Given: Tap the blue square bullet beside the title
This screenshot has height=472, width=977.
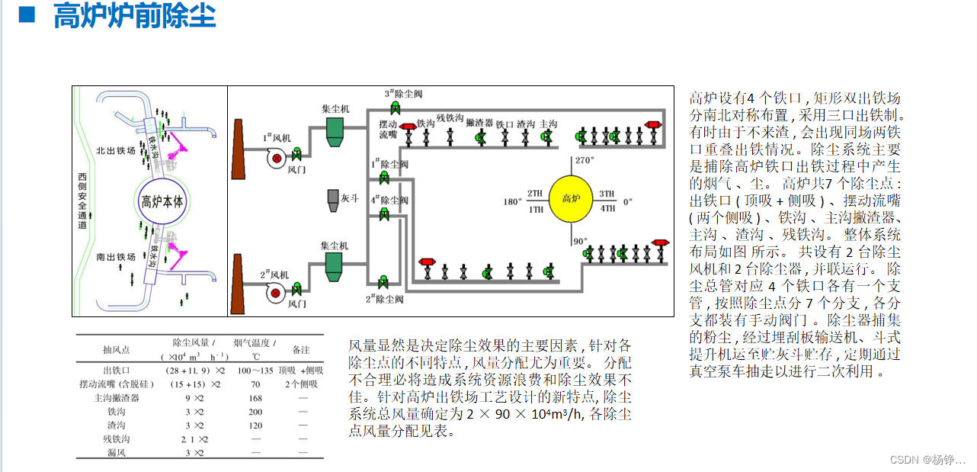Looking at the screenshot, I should pos(27,14).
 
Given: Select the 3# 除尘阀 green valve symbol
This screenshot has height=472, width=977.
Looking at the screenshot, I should pos(396,106).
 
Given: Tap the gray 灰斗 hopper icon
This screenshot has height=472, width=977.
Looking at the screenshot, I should pos(333,198).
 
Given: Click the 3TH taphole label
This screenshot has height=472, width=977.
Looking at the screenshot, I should pos(607,194).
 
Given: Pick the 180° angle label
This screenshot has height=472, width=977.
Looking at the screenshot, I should pos(511,202).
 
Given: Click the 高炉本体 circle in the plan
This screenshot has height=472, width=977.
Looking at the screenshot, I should pos(162,202).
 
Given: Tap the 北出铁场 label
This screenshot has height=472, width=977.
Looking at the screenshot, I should pos(116,151).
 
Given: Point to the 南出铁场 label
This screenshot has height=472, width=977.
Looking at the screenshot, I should pos(116,257).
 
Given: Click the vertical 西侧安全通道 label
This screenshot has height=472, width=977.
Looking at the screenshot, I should pos(82,201).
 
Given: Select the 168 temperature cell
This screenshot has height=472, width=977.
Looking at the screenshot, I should pos(255,397).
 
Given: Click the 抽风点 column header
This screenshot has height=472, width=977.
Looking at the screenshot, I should pos(117,349).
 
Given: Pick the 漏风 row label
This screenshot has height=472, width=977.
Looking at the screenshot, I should pos(117,453).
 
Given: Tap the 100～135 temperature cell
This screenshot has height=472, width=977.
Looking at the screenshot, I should pos(255,371).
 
